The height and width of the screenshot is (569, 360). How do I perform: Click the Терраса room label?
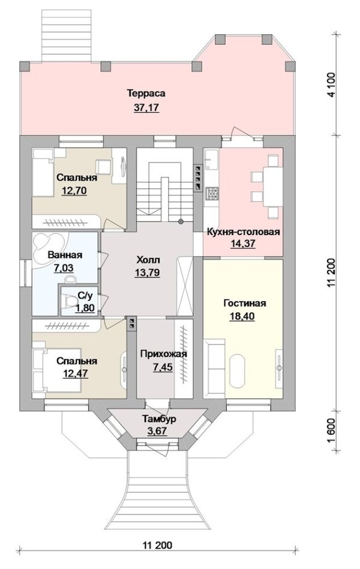(x=146, y=94)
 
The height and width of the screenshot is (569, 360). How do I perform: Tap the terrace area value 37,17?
(x=146, y=108)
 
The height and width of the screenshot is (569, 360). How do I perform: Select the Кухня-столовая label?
(x=243, y=232)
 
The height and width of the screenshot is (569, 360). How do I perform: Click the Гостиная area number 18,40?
(x=242, y=317)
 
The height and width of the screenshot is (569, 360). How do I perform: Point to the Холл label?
(x=148, y=260)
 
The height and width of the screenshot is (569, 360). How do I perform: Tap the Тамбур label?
(x=159, y=419)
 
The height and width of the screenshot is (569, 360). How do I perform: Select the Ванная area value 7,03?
(x=64, y=269)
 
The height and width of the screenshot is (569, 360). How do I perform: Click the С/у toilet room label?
(x=83, y=296)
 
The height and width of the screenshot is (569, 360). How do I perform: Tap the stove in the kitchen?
(x=211, y=192)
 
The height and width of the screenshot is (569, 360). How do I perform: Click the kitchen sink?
(x=211, y=160)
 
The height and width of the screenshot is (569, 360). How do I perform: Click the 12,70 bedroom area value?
(x=74, y=191)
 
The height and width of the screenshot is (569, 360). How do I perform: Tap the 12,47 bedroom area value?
(x=75, y=374)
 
